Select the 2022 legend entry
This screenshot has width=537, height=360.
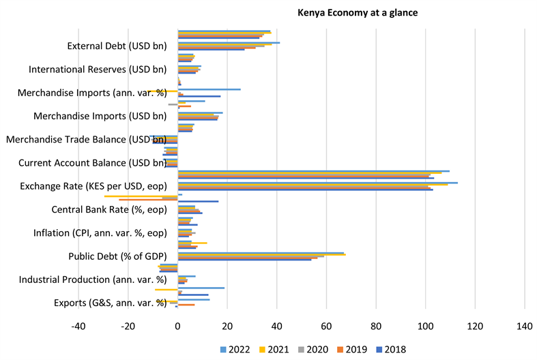coord(236,349)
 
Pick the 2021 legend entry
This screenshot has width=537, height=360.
coord(276,349)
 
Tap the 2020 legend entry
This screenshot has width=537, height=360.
coord(315,349)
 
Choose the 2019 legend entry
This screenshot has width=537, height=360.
coord(355,349)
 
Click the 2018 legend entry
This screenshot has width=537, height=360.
coord(394,349)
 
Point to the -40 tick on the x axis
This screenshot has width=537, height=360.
coord(78,325)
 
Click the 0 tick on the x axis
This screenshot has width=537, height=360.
coord(177,325)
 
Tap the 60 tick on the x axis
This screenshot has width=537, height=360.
coord(326,325)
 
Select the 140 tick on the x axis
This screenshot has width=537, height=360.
coord(524,325)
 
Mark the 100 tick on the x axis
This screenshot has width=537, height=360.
coord(425,325)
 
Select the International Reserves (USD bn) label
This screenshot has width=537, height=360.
coord(98,70)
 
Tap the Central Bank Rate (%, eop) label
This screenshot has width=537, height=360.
coord(109,209)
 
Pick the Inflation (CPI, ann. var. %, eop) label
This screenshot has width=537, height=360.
coord(100,232)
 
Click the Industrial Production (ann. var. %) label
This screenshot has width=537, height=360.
coord(93,279)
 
